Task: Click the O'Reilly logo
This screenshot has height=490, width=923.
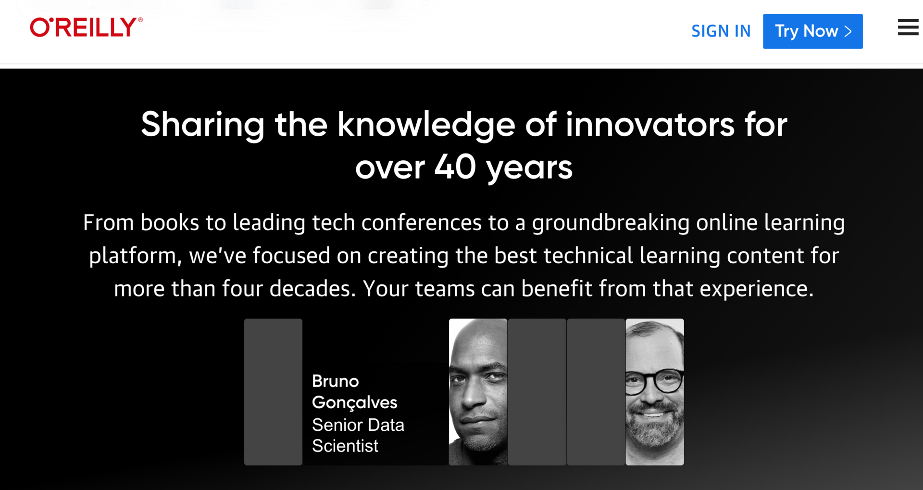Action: tap(86, 27)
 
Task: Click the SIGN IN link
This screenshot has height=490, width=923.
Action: tap(721, 31)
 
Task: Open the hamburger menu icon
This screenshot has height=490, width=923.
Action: tap(908, 27)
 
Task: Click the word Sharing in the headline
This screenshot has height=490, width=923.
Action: tap(202, 125)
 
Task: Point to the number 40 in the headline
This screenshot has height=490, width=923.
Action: tap(455, 167)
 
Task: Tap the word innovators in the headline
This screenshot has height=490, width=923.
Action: tap(650, 124)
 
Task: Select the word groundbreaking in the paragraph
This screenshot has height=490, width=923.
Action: tap(611, 223)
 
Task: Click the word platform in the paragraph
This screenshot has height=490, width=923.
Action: tap(133, 256)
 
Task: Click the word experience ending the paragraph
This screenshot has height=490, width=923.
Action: tap(756, 289)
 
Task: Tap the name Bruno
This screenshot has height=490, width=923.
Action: tap(336, 381)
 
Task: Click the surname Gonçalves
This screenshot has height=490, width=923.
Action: tap(355, 403)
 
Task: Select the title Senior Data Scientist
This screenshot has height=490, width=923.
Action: tap(358, 436)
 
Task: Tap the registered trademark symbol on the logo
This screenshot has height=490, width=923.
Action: tap(140, 20)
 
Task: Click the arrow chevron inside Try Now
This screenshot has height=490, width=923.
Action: tap(848, 31)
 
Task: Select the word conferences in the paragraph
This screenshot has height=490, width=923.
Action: tap(422, 223)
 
